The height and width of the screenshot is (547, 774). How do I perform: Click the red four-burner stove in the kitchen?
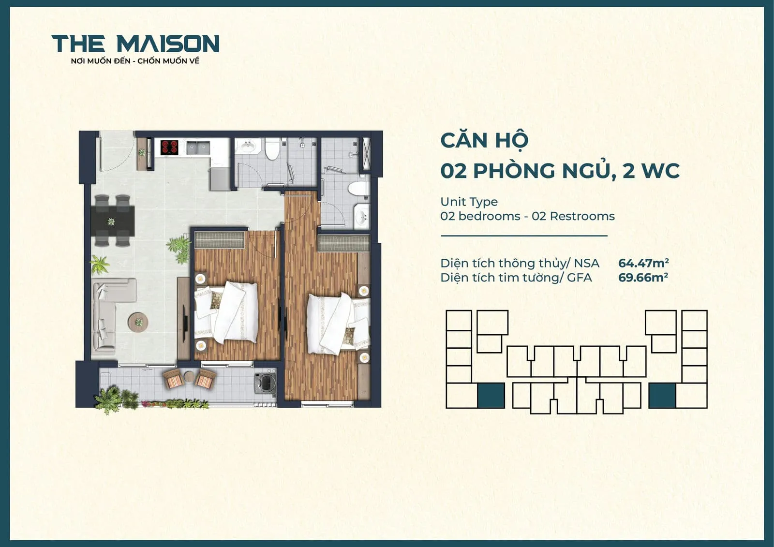pos(169,147)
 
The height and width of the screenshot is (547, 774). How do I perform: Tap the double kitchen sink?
pos(197,147)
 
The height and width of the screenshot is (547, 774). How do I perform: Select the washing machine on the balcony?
pos(265,382)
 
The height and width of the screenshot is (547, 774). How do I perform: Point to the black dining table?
pos(113,222)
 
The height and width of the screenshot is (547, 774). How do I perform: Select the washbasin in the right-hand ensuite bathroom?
pos(361,217)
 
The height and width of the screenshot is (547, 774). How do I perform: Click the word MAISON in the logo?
pos(168,44)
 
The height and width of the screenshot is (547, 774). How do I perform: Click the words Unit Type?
pos(469,202)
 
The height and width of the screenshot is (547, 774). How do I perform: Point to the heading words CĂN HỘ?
pos(484,141)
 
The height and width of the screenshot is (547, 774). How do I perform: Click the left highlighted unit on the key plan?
pos(491,396)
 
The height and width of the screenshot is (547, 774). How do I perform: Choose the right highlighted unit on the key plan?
pos(662,396)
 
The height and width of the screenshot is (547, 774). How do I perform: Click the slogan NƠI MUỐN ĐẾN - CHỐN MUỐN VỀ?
pos(135,61)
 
